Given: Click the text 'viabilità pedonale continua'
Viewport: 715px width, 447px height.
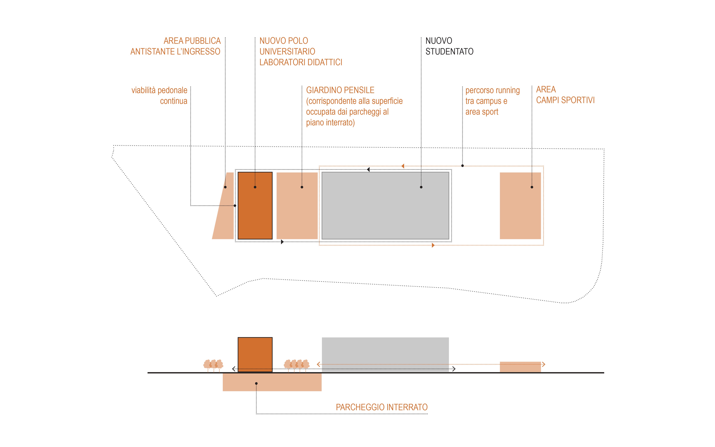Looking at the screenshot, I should pos(160,96).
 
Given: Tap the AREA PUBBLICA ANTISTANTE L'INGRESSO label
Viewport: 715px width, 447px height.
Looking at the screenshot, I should pos(176,46).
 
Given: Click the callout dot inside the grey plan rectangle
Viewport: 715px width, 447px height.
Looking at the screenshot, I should pos(421,187).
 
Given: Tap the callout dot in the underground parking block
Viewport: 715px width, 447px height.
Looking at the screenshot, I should pos(256,383).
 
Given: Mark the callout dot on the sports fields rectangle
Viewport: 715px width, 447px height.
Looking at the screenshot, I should pos(532,187).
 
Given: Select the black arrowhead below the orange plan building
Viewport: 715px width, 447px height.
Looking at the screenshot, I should pos(282,242).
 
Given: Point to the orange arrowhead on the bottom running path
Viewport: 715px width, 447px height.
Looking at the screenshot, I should pos(433,245).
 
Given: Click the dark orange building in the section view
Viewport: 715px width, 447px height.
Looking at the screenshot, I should pos(255,354).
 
